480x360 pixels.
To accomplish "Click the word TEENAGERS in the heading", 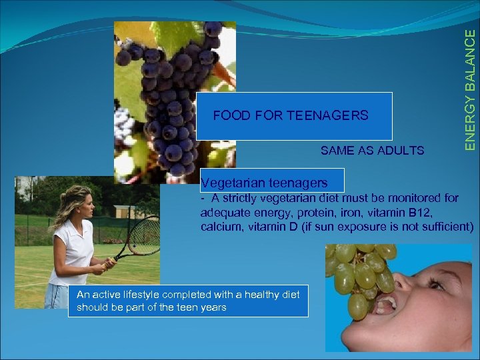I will (x=327, y=116).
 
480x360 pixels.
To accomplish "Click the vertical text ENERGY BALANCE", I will (x=471, y=80).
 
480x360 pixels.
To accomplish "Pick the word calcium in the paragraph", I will (x=219, y=227).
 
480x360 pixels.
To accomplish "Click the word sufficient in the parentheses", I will (x=447, y=227).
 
